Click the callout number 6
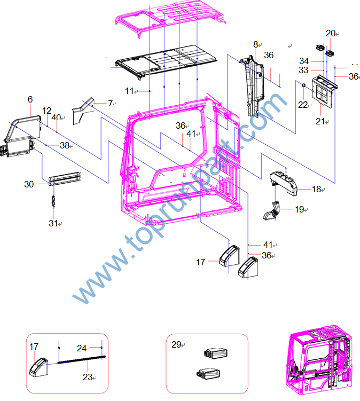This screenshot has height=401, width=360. (x=30, y=99)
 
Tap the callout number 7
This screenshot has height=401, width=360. (x=110, y=103)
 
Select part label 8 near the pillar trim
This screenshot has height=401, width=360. (x=255, y=44)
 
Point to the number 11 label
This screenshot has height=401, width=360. (x=129, y=91)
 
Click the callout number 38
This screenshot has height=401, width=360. (x=65, y=145)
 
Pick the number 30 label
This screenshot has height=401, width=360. (x=29, y=184)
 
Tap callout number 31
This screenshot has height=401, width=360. (x=53, y=223)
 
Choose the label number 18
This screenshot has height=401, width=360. (x=316, y=189)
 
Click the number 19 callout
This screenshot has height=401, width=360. (x=299, y=209)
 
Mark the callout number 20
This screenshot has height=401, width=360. (x=331, y=33)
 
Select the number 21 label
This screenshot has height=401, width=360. (x=320, y=121)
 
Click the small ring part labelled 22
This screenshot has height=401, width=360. (x=304, y=85)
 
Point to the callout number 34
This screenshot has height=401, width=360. (x=304, y=61)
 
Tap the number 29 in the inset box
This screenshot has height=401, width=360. (x=176, y=344)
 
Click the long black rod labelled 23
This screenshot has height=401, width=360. (x=82, y=359)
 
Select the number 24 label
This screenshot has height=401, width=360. (x=82, y=348)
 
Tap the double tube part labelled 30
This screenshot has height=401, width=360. (x=65, y=179)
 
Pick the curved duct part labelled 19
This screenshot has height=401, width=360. (x=271, y=211)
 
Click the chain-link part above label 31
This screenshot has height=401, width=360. (x=53, y=201)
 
